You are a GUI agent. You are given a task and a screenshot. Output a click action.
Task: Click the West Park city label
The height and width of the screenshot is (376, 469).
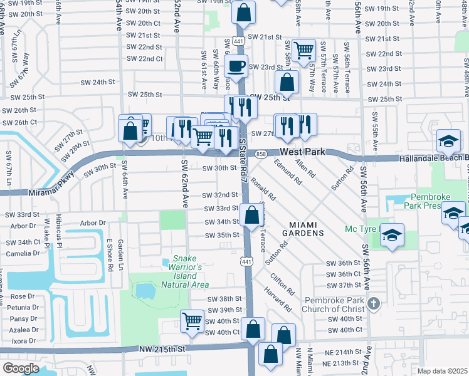point(304,152)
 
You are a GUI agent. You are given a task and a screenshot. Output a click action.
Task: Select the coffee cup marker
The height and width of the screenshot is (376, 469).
point(236,66)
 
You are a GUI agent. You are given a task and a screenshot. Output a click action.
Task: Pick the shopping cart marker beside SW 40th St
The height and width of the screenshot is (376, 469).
point(192,321)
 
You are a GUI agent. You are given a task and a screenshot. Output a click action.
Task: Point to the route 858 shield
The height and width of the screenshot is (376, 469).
point(261,153)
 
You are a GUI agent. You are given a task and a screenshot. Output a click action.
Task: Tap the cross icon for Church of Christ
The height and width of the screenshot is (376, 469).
point(373,304)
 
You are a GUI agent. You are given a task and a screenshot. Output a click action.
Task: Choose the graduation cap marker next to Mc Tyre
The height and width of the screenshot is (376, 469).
point(392,236)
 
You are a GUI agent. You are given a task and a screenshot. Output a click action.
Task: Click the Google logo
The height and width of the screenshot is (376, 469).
point(21,368)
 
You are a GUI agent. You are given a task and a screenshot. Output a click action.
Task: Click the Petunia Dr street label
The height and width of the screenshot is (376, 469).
point(23,308)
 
